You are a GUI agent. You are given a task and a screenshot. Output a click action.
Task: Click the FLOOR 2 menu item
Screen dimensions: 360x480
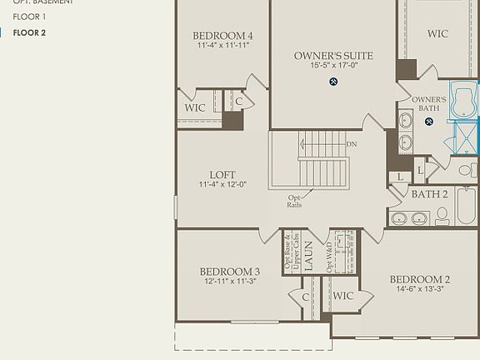pyautogui.click(x=29, y=32)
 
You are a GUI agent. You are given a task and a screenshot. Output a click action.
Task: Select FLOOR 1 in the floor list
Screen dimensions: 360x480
pyautogui.click(x=29, y=17)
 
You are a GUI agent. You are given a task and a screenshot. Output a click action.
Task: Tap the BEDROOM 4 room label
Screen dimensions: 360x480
pyautogui.click(x=222, y=36)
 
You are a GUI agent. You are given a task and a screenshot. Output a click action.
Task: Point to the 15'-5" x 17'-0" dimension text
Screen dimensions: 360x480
pyautogui.click(x=333, y=66)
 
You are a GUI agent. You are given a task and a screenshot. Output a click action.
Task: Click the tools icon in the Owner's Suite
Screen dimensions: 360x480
pyautogui.click(x=334, y=81)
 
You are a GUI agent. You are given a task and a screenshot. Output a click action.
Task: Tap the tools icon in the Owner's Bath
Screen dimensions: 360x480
pyautogui.click(x=429, y=122)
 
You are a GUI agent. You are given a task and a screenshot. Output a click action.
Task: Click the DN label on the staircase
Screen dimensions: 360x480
pyautogui.click(x=351, y=143)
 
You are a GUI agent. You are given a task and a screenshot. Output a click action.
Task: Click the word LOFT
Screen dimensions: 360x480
pyautogui.click(x=222, y=174)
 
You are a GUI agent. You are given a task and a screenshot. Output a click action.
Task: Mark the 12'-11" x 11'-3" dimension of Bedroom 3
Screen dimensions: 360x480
pyautogui.click(x=229, y=282)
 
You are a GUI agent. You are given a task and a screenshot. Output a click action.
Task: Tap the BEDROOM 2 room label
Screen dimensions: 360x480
pyautogui.click(x=420, y=279)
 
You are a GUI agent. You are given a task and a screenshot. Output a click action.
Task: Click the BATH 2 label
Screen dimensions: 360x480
pyautogui.click(x=430, y=194)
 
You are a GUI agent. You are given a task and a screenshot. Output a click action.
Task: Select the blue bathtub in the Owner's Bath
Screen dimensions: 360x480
pyautogui.click(x=464, y=97)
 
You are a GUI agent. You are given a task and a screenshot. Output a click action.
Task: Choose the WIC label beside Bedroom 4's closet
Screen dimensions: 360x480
pyautogui.click(x=194, y=107)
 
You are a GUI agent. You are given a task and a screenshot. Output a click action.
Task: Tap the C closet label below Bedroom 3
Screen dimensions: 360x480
pyautogui.click(x=306, y=297)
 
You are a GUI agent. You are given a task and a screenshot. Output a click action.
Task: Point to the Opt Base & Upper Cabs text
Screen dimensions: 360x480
pyautogui.click(x=289, y=252)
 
